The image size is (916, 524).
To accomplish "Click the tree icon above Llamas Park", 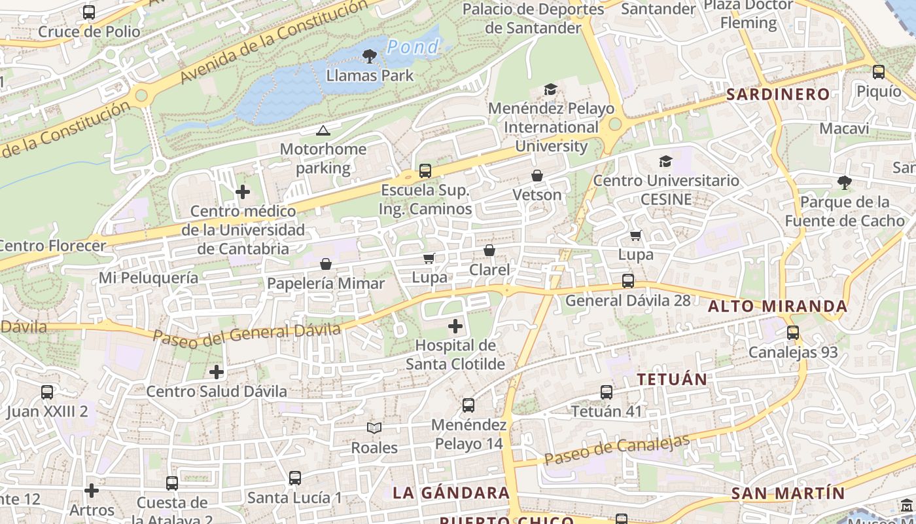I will pyautogui.click(x=370, y=56).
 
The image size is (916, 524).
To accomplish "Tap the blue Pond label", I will pyautogui.click(x=412, y=47).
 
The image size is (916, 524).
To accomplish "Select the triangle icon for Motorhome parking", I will pyautogui.click(x=323, y=131).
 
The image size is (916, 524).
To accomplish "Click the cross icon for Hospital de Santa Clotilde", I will pyautogui.click(x=455, y=326).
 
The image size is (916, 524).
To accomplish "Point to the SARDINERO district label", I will pyautogui.click(x=778, y=94).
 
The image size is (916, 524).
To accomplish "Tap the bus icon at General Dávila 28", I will pyautogui.click(x=628, y=281).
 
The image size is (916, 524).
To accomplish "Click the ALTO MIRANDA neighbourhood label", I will pyautogui.click(x=777, y=306).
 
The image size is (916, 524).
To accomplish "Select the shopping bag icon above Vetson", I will pyautogui.click(x=537, y=176).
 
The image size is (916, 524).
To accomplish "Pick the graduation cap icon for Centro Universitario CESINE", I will pyautogui.click(x=665, y=162).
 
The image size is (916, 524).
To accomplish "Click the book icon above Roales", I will pyautogui.click(x=374, y=428).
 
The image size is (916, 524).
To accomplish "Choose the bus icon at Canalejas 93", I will pyautogui.click(x=793, y=333).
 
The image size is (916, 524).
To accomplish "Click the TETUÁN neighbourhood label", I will pyautogui.click(x=672, y=379).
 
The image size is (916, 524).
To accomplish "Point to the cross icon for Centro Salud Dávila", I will pyautogui.click(x=217, y=373).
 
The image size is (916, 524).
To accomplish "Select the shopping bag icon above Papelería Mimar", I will pyautogui.click(x=326, y=264).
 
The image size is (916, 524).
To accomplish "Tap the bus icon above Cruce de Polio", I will pyautogui.click(x=89, y=12).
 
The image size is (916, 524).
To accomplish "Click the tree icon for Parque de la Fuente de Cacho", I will pyautogui.click(x=845, y=183).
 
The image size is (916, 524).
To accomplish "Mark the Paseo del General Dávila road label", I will pyautogui.click(x=247, y=333).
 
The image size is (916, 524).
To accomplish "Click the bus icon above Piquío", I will pyautogui.click(x=879, y=72).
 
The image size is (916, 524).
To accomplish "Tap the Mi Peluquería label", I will pyautogui.click(x=149, y=278).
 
